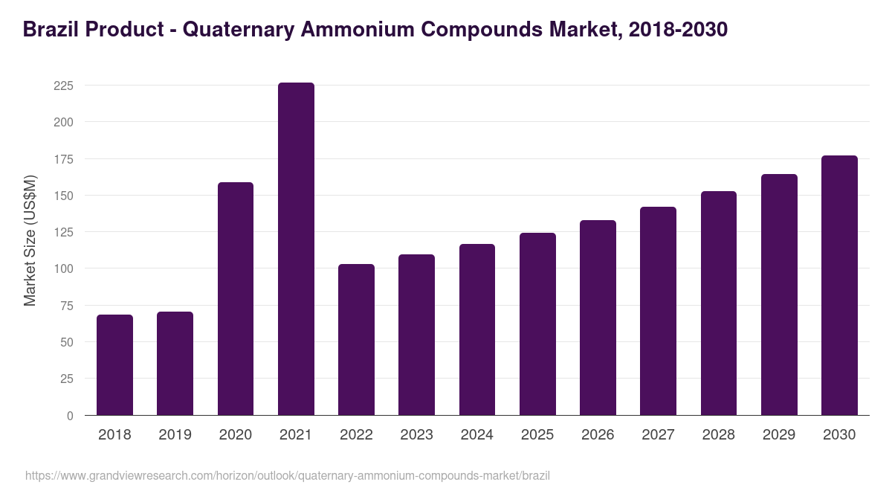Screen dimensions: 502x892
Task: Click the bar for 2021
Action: tap(296, 249)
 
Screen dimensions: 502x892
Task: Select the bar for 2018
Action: tap(114, 365)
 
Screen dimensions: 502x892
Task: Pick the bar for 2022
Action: tap(356, 340)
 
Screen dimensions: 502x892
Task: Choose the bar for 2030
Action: tap(839, 286)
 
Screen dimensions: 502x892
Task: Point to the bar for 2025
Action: tap(537, 324)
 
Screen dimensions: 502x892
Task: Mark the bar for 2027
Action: tap(658, 311)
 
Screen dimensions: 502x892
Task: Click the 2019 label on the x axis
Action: tap(175, 435)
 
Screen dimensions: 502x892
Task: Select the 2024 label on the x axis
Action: tap(476, 435)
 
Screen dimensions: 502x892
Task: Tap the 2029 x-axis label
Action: tap(779, 435)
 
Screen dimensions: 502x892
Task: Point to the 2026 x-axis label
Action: tap(598, 435)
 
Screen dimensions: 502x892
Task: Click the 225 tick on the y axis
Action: tap(63, 86)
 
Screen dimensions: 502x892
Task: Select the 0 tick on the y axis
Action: tap(70, 416)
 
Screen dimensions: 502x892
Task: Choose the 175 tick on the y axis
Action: tap(63, 159)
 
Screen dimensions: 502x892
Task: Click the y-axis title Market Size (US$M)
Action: tap(30, 239)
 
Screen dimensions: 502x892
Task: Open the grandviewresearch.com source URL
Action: tap(288, 475)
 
